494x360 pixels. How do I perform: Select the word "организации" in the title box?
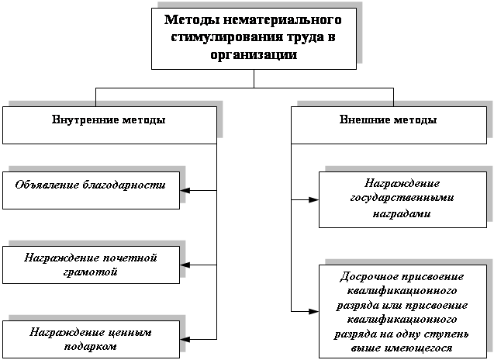coord(253,54)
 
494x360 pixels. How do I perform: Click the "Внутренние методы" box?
coord(109,125)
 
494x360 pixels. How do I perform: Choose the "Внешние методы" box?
coord(389,125)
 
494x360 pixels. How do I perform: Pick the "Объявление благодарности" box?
coord(91,190)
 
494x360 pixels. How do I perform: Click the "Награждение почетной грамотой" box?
coord(91,265)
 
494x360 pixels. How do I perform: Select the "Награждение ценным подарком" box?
coord(91,339)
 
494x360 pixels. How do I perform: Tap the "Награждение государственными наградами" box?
coord(402,199)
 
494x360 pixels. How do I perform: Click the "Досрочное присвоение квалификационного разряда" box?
coord(402,311)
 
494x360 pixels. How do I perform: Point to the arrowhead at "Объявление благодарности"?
coord(185,190)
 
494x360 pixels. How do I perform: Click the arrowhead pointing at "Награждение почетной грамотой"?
coord(185,265)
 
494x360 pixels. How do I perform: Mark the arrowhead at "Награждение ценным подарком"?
coord(185,338)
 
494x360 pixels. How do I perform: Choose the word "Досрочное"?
coord(368,277)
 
